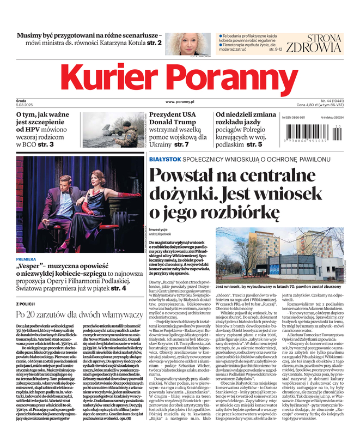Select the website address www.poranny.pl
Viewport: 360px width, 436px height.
click(180, 101)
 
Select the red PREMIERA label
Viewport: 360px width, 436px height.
click(26, 259)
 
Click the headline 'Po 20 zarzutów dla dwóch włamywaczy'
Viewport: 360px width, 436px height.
click(79, 314)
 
